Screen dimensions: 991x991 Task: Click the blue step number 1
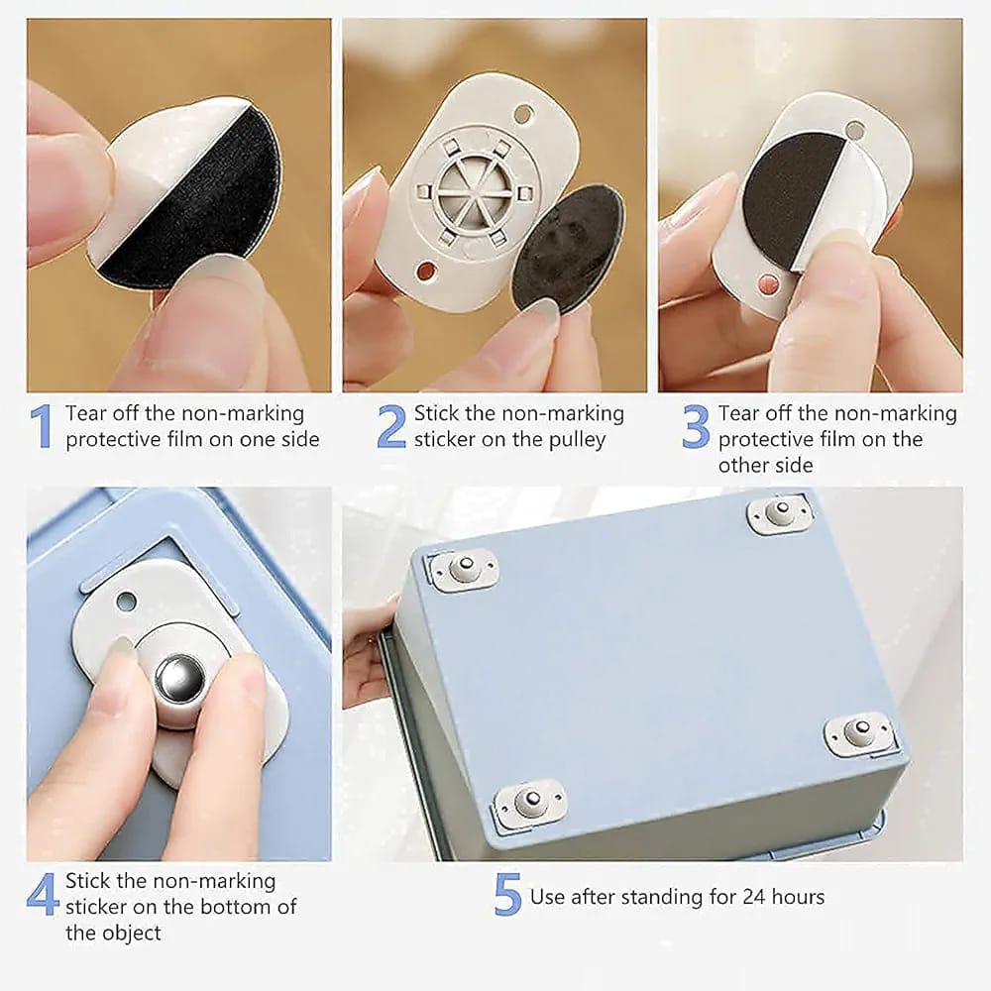(x=40, y=426)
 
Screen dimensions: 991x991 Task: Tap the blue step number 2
(x=391, y=426)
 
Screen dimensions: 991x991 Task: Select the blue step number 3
(x=696, y=426)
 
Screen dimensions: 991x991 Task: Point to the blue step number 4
(x=43, y=895)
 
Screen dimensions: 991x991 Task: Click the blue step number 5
(x=507, y=896)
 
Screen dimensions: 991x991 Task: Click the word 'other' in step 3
(x=741, y=465)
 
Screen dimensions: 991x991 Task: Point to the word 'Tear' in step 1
(x=85, y=413)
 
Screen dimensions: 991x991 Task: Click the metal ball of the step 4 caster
(x=179, y=679)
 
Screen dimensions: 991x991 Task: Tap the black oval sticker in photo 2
(x=568, y=248)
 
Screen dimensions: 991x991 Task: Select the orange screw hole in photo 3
(x=767, y=284)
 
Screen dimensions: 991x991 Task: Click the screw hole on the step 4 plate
(x=126, y=601)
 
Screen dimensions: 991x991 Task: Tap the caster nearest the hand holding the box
(x=462, y=569)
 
